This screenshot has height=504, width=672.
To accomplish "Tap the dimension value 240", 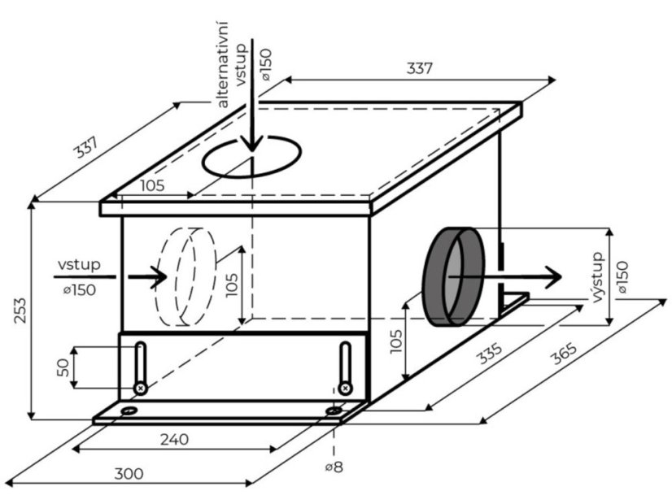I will (173, 440).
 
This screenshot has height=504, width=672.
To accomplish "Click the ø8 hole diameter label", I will (334, 467).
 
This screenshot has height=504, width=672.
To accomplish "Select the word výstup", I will (600, 277).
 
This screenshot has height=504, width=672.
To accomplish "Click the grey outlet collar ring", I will (453, 276).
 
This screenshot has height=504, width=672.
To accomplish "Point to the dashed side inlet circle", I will (187, 276).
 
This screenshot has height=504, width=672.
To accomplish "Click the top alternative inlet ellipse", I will (252, 158).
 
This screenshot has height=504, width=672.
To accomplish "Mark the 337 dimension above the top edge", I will (419, 69).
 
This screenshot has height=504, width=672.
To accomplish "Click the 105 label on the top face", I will (151, 185).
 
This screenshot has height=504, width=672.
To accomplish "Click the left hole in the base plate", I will (129, 411).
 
